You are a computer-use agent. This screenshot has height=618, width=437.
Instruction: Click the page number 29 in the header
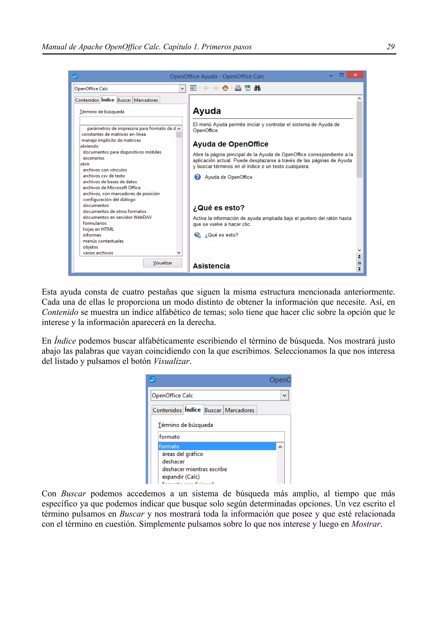point(390,47)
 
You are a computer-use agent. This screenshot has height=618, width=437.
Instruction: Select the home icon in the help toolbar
point(225,88)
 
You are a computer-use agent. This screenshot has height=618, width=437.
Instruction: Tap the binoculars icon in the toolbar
point(257,88)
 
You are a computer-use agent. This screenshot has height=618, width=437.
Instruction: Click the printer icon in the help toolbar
point(238,88)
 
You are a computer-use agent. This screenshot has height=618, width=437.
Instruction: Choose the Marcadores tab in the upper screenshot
point(146,100)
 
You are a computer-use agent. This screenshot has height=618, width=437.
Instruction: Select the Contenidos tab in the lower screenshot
point(167,410)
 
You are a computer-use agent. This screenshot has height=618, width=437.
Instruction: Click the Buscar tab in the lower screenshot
point(213,410)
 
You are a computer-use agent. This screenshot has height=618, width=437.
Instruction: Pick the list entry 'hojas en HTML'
point(98,229)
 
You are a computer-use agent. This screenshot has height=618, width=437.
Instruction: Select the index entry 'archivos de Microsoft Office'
point(112,188)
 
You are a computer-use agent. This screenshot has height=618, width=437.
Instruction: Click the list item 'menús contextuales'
point(103,241)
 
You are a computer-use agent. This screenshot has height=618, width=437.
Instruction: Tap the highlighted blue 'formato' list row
point(217,446)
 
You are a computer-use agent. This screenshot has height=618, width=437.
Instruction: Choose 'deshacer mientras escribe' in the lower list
point(194,469)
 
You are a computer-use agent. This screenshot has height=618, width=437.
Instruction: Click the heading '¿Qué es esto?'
point(219,208)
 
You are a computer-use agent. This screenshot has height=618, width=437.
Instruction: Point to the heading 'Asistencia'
point(211,266)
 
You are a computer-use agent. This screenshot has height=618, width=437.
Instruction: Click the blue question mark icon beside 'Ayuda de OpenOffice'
point(198,177)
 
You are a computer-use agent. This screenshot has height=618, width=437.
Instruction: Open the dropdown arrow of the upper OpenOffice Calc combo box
point(182,89)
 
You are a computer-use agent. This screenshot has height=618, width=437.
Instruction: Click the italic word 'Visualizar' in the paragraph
point(172,361)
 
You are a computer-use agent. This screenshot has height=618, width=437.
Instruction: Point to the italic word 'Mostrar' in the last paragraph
point(366,524)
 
